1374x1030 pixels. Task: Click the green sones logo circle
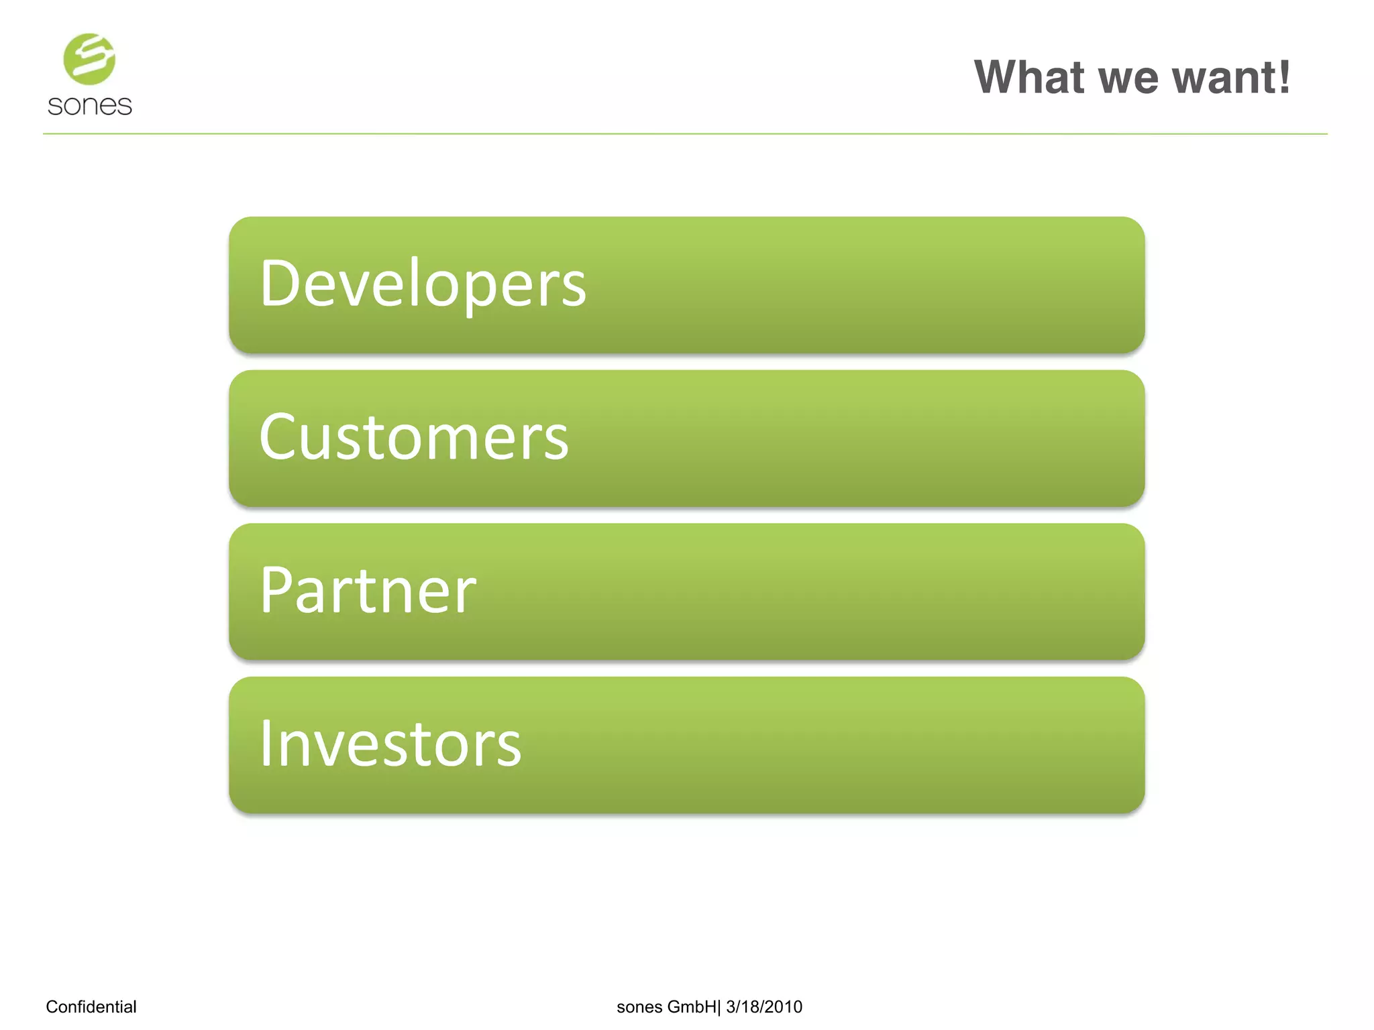89,59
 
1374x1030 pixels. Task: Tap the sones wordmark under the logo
90,106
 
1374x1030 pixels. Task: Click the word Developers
423,284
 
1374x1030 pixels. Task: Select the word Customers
414,437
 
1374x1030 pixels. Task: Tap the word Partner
368,590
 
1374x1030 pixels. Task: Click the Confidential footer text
91,1007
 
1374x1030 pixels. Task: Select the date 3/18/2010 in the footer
764,1007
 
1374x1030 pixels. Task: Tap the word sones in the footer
639,1007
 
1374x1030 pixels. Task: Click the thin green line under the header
684,134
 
